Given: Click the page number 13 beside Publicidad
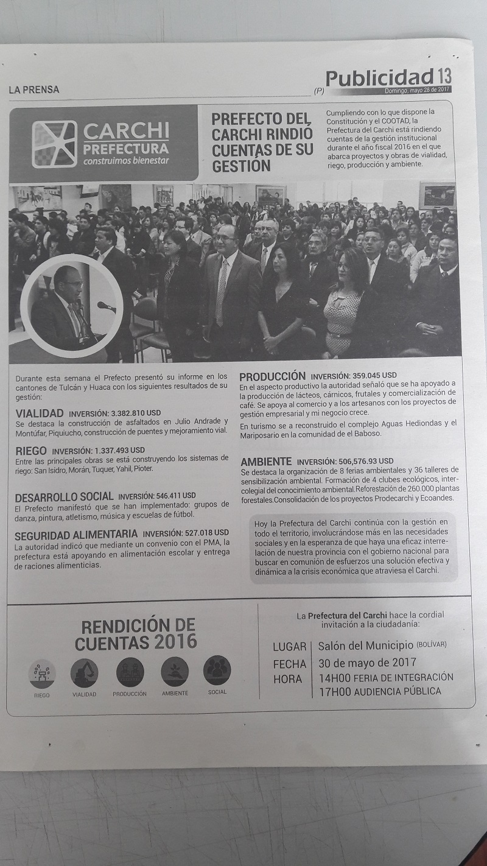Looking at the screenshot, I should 444,77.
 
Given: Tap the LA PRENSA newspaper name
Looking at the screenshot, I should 34,90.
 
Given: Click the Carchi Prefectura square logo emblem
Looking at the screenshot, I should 54,144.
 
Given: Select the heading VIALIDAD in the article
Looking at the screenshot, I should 40,414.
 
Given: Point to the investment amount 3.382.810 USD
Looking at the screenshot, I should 136,414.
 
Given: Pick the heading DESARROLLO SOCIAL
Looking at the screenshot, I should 64,496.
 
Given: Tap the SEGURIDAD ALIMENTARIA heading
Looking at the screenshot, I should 76,534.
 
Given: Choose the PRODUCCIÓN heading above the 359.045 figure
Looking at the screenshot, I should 272,376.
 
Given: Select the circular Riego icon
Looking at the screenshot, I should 42,674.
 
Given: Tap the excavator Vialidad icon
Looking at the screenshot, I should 84,673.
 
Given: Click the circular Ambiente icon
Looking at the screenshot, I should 175,672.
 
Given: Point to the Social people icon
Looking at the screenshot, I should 217,670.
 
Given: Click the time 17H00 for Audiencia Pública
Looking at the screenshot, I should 334,691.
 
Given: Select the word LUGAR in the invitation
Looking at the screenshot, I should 290,647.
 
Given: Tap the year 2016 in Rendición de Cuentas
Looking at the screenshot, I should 175,641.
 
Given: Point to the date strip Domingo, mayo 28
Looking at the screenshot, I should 418,90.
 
